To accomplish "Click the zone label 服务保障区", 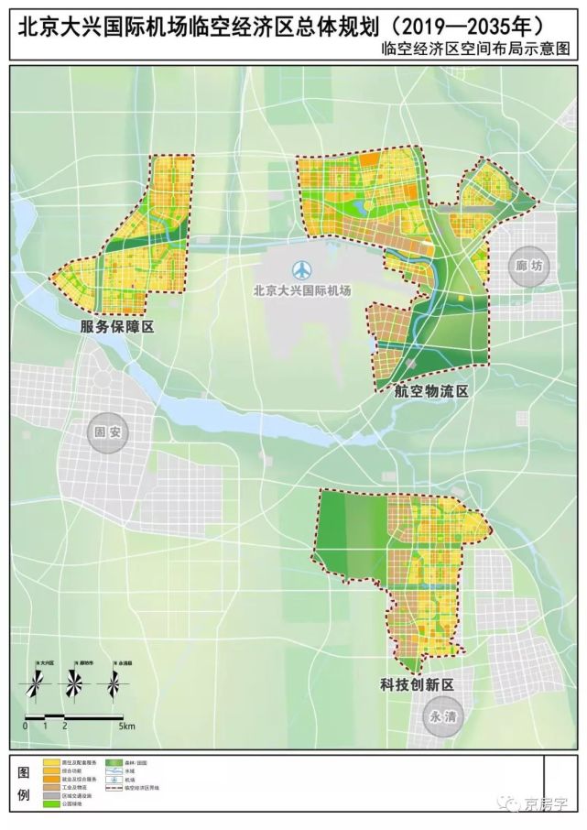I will (114, 328).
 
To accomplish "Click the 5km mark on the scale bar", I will (127, 726).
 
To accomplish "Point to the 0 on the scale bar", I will (25, 726).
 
